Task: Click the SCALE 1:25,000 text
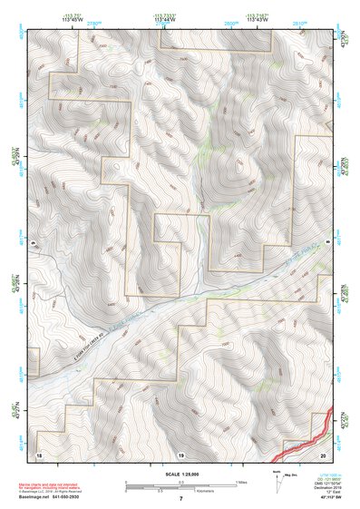pyautogui.click(x=180, y=474)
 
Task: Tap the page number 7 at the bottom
pyautogui.click(x=180, y=499)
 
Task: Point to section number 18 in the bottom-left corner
pyautogui.click(x=38, y=453)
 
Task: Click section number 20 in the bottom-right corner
pyautogui.click(x=323, y=453)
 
